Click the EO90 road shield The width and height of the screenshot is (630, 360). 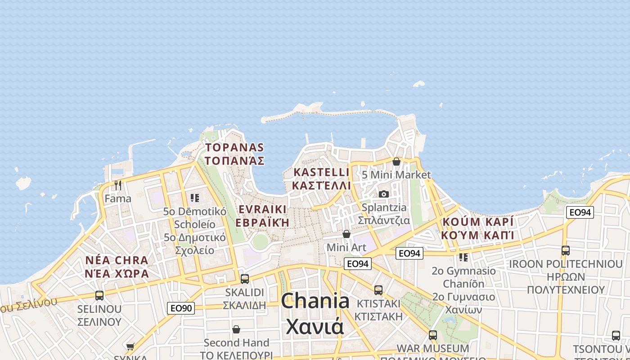(x=181, y=308)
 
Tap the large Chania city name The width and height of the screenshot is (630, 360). (x=315, y=301)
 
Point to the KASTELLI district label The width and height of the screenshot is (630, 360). (x=321, y=172)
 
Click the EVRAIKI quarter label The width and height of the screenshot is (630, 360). (x=263, y=210)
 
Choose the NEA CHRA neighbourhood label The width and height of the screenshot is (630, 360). (x=117, y=261)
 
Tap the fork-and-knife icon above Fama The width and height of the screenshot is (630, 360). (x=118, y=185)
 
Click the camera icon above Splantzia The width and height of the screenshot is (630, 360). (x=384, y=194)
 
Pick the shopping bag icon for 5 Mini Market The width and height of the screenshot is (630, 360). (x=396, y=162)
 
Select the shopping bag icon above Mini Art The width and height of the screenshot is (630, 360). (x=346, y=234)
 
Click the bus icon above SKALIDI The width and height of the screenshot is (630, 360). (x=245, y=279)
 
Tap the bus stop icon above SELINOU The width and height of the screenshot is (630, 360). (x=99, y=296)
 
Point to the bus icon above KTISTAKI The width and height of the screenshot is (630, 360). (x=378, y=290)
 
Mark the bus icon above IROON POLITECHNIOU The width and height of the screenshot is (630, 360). (x=566, y=251)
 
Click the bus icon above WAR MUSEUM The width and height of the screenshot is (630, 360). (x=433, y=335)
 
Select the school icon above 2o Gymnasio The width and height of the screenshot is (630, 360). (x=463, y=257)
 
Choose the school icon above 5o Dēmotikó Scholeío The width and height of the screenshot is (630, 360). (x=195, y=198)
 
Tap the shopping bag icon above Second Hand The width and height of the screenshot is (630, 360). (x=236, y=330)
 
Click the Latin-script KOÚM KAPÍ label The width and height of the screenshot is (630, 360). (x=477, y=222)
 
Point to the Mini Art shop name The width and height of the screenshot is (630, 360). (x=346, y=247)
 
